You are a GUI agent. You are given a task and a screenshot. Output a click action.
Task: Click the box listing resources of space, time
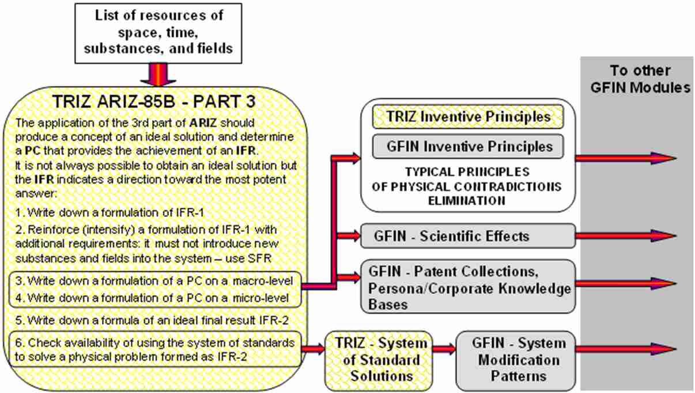pyautogui.click(x=158, y=33)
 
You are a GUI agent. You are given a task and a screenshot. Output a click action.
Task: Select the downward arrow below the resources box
pyautogui.click(x=158, y=74)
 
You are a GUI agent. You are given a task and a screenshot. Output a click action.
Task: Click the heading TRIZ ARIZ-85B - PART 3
pyautogui.click(x=154, y=102)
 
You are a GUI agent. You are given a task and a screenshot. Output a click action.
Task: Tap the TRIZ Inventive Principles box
pyautogui.click(x=468, y=117)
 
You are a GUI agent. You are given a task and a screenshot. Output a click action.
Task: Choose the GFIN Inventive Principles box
pyautogui.click(x=468, y=147)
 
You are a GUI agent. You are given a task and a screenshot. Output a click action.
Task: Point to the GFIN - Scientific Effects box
pyautogui.click(x=468, y=236)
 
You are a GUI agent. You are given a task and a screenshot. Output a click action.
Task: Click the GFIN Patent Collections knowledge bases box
pyautogui.click(x=468, y=286)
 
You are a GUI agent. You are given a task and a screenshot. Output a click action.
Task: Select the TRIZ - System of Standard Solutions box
pyautogui.click(x=379, y=360)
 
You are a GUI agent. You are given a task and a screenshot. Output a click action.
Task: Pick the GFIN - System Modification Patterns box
pyautogui.click(x=516, y=360)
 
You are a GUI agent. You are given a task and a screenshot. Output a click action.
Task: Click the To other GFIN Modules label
pyautogui.click(x=640, y=79)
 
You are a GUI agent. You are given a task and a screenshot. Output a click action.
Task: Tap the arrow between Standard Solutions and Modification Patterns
pyautogui.click(x=444, y=349)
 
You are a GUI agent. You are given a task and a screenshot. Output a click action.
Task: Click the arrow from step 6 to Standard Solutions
pyautogui.click(x=313, y=349)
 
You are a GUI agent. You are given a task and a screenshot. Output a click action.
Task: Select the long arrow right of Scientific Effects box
pyautogui.click(x=626, y=236)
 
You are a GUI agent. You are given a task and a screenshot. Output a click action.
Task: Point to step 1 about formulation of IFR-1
pyautogui.click(x=110, y=213)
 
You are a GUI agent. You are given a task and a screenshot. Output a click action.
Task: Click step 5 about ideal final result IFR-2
pyautogui.click(x=152, y=320)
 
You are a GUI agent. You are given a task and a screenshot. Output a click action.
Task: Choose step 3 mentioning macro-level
pyautogui.click(x=154, y=281)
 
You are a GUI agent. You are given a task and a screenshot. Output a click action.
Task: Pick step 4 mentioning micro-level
pyautogui.click(x=152, y=298)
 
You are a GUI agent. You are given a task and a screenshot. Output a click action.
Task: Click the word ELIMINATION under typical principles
pyautogui.click(x=467, y=201)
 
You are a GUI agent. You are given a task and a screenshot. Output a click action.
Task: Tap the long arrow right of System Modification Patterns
pyautogui.click(x=626, y=349)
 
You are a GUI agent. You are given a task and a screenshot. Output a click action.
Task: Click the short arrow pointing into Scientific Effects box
pyautogui.click(x=349, y=236)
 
